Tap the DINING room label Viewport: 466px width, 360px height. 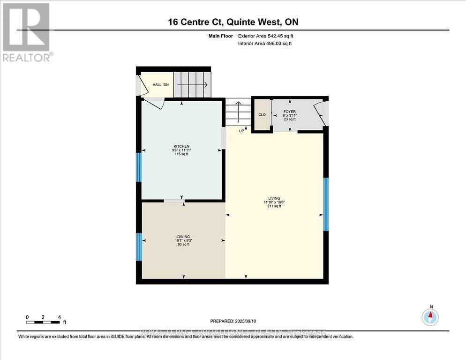pyautogui.click(x=183, y=237)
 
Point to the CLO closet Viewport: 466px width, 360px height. pyautogui.click(x=262, y=114)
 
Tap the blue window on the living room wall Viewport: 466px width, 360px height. pyautogui.click(x=325, y=204)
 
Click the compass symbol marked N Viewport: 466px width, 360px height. pyautogui.click(x=430, y=317)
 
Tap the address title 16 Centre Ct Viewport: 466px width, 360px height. pyautogui.click(x=233, y=22)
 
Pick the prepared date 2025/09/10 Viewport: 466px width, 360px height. pyautogui.click(x=233, y=321)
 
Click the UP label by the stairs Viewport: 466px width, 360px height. pyautogui.click(x=242, y=131)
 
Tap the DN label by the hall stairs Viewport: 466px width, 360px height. pyautogui.click(x=166, y=85)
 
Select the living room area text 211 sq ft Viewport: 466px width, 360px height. pyautogui.click(x=274, y=206)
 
